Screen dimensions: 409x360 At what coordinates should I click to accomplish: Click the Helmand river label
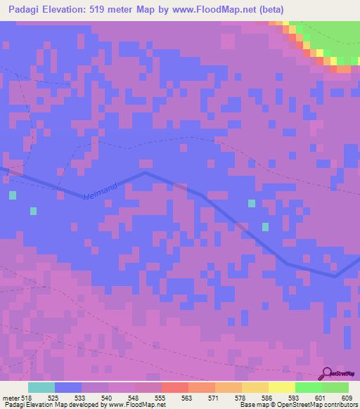pos(99,190)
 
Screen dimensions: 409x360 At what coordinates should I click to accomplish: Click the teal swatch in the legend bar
pos(41,387)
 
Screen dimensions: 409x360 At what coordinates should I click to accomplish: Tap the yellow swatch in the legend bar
pos(281,387)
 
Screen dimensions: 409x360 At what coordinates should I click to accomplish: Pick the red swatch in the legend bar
pos(174,387)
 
